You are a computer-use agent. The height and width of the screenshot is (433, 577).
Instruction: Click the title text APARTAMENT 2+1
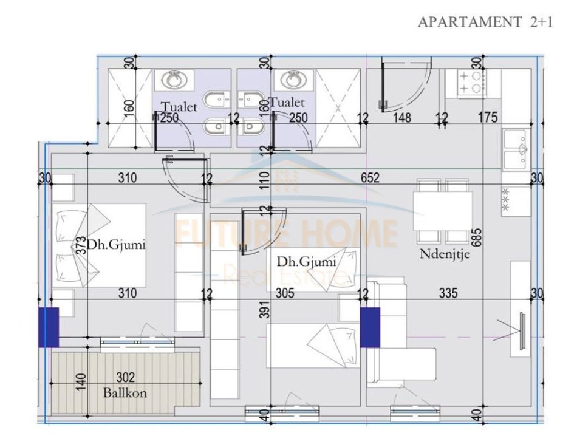(485, 22)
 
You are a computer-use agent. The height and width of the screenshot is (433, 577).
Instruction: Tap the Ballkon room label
(125, 392)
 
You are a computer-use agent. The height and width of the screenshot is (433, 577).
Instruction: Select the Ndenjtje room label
(445, 254)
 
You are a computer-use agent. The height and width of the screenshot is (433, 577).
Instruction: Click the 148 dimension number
(403, 118)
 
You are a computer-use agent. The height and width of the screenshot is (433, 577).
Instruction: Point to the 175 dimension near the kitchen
(487, 118)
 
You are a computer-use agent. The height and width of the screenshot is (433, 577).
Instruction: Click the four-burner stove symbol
(471, 84)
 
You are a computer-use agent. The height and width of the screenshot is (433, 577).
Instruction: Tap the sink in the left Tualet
(175, 80)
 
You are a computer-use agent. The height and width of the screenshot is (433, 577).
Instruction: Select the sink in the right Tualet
(294, 80)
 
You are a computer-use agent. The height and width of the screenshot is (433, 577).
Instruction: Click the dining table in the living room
(443, 211)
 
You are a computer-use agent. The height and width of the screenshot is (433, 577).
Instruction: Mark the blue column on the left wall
(48, 327)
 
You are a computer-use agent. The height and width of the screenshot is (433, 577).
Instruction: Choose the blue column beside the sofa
(370, 327)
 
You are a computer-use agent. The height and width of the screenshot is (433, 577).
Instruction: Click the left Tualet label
(179, 107)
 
